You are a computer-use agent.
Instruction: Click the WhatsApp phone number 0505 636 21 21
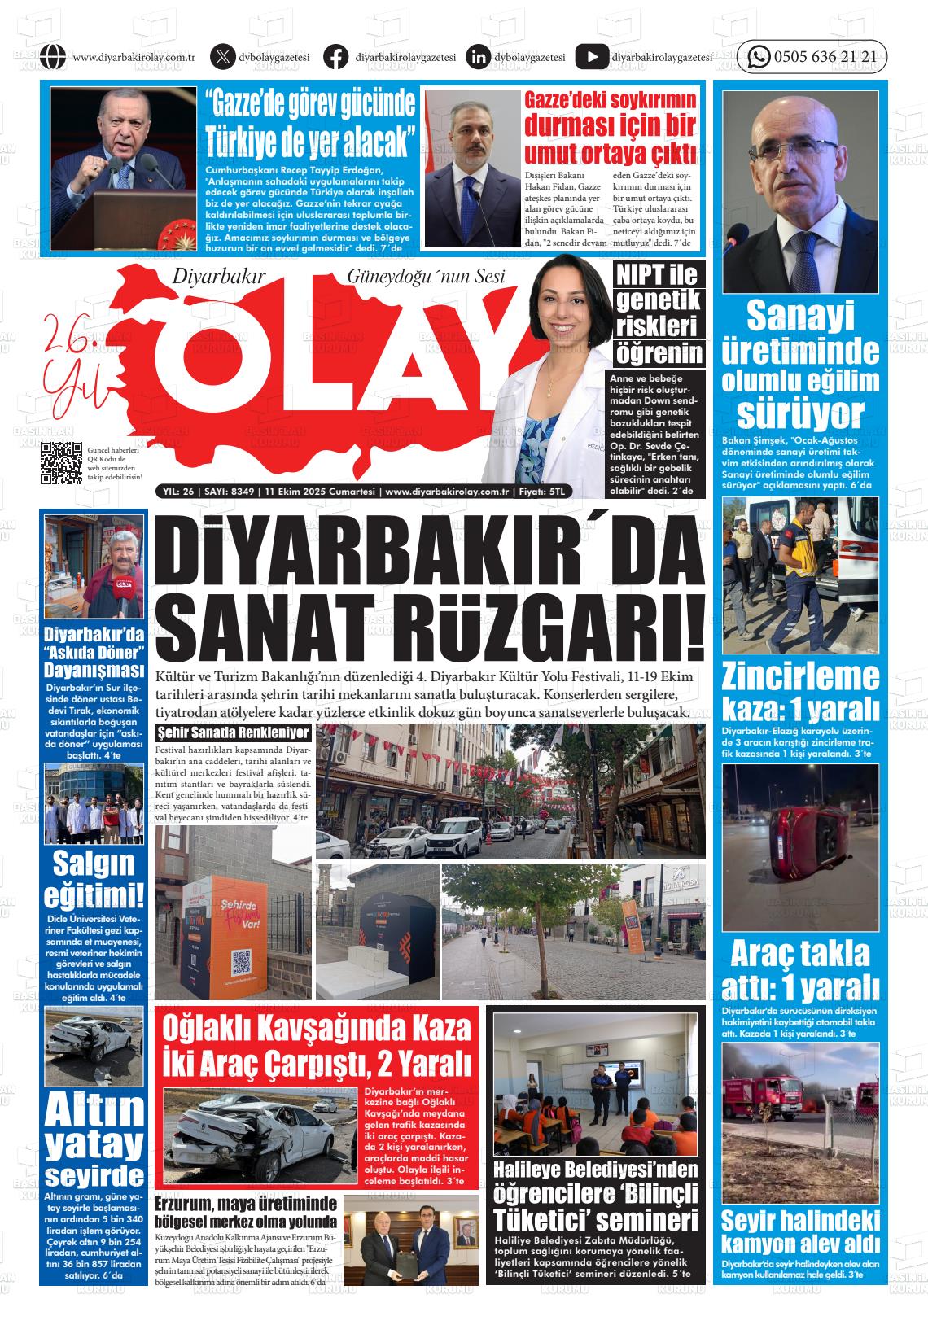[x=825, y=57]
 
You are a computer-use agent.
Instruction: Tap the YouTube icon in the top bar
[x=591, y=57]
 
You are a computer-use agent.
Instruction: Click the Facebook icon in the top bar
[x=335, y=57]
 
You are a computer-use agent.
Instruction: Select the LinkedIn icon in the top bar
[x=479, y=57]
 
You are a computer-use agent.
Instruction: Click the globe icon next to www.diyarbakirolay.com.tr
[x=51, y=57]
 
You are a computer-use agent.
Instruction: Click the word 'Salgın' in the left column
[x=94, y=863]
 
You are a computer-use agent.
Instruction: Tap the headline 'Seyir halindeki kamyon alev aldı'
[x=801, y=1232]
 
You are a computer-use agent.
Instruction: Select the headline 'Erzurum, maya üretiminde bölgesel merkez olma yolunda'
[x=246, y=1212]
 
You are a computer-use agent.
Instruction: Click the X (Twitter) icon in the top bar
[x=222, y=57]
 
